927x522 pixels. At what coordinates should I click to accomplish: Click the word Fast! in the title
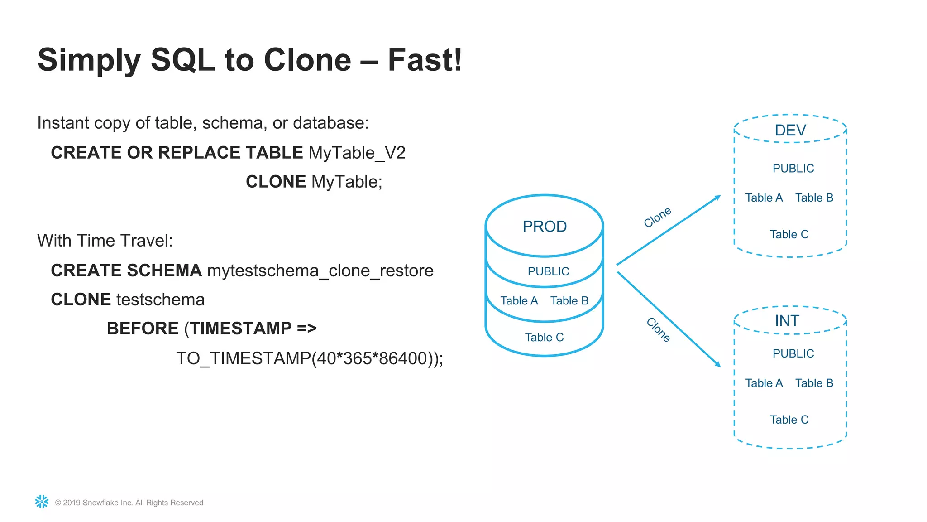[425, 60]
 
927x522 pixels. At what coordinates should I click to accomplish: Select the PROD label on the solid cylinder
[545, 227]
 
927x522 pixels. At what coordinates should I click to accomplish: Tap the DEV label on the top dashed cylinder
[790, 130]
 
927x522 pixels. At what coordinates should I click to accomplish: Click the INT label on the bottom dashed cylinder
[787, 321]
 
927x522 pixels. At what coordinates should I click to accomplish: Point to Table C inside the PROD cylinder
[544, 338]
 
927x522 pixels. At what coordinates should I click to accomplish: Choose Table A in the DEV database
[764, 198]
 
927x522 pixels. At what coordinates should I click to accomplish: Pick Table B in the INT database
[814, 383]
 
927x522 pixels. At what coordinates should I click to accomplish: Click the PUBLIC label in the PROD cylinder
[548, 271]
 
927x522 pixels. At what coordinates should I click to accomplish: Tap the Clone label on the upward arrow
[657, 217]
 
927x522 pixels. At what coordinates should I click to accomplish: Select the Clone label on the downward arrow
[658, 329]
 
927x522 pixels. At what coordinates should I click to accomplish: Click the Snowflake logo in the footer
[42, 502]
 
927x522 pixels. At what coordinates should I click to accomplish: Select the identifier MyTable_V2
[357, 153]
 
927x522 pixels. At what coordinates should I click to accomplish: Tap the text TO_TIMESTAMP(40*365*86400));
[310, 358]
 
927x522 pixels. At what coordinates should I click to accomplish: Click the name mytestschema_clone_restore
[320, 271]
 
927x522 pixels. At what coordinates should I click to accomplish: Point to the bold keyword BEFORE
[143, 329]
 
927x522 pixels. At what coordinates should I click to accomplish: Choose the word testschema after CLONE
[160, 300]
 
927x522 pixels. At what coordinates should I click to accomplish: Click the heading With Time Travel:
[105, 241]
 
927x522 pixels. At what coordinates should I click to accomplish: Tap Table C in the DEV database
[789, 235]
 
